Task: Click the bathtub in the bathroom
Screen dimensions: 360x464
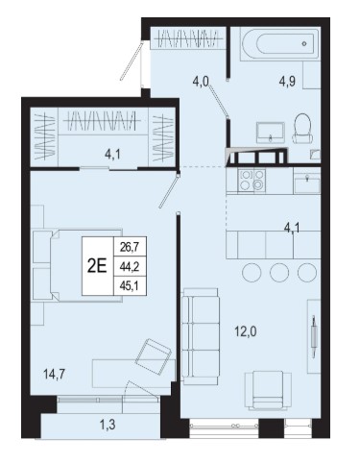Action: click(x=280, y=44)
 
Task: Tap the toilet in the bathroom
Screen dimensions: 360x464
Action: click(x=302, y=129)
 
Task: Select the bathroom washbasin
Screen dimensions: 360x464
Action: click(x=271, y=133)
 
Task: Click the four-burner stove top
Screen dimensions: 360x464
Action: click(x=252, y=181)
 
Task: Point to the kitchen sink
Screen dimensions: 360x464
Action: click(x=307, y=183)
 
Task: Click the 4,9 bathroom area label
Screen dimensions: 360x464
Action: click(x=287, y=82)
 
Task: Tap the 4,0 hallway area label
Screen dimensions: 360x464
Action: click(x=201, y=82)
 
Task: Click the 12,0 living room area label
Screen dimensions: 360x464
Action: click(x=246, y=332)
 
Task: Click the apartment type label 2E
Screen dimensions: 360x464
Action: click(x=97, y=266)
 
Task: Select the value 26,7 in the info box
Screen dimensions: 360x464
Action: click(x=130, y=247)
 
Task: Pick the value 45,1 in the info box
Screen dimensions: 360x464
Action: click(x=130, y=284)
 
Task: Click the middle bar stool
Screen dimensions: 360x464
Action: click(x=279, y=273)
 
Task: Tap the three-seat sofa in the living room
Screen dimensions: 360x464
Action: click(x=201, y=334)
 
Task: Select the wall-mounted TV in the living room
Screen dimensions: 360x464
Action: click(x=314, y=336)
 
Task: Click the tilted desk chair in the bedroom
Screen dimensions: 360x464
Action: click(x=153, y=356)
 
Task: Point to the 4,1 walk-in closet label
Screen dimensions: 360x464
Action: click(x=112, y=155)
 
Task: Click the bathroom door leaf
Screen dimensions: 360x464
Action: click(x=218, y=99)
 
